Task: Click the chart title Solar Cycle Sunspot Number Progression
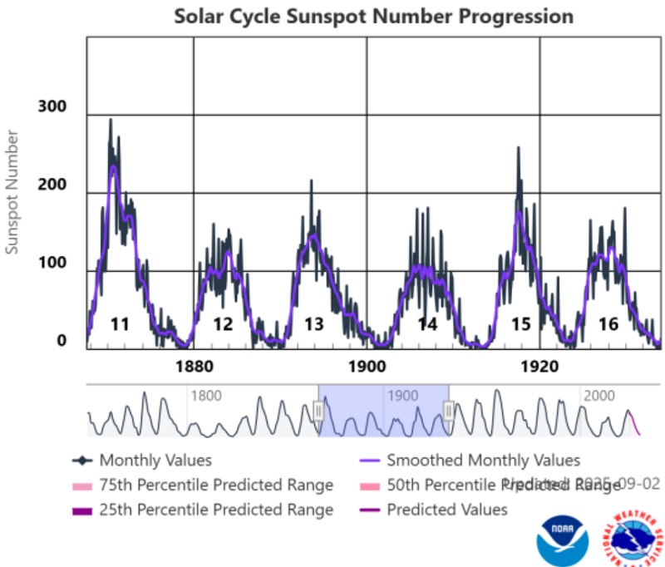(373, 17)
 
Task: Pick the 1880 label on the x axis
(194, 367)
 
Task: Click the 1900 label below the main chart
(367, 367)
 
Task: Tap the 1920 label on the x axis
(540, 367)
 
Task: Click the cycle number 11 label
(120, 324)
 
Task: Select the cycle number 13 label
(313, 324)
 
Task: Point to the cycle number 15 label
(521, 324)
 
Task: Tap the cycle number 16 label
(608, 324)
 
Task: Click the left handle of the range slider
(318, 410)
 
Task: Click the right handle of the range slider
(449, 410)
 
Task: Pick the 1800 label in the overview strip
(206, 396)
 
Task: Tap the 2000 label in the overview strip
(596, 396)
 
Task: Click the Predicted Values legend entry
(446, 510)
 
